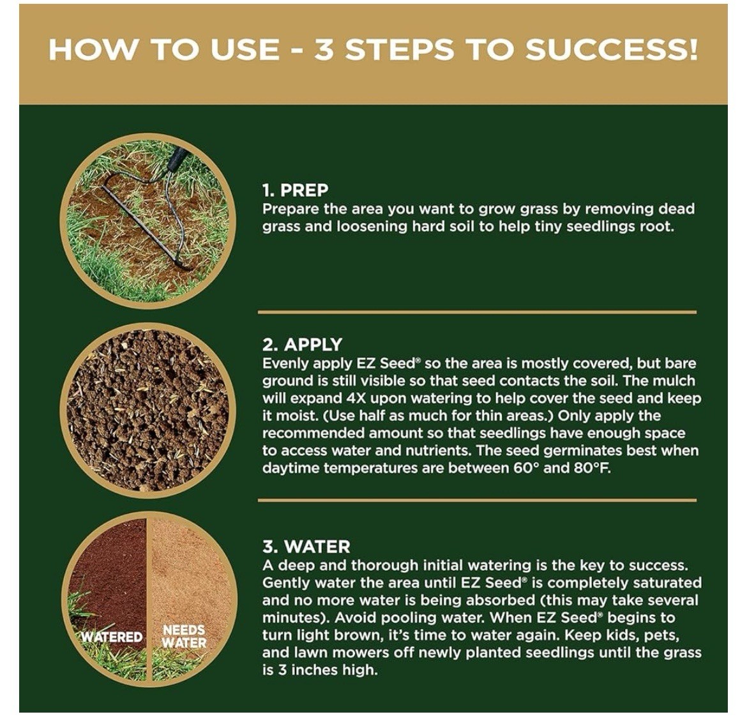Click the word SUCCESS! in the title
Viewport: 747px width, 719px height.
pos(611,50)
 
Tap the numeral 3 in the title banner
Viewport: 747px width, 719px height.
pos(324,50)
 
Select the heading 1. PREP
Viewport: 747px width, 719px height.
pos(296,190)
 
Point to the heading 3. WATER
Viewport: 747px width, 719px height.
pos(306,547)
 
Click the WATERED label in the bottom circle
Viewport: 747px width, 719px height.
pos(112,637)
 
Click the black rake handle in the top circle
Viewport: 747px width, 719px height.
pos(176,158)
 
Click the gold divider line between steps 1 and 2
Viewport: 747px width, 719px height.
pos(477,312)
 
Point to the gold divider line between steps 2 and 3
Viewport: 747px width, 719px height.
pos(477,500)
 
